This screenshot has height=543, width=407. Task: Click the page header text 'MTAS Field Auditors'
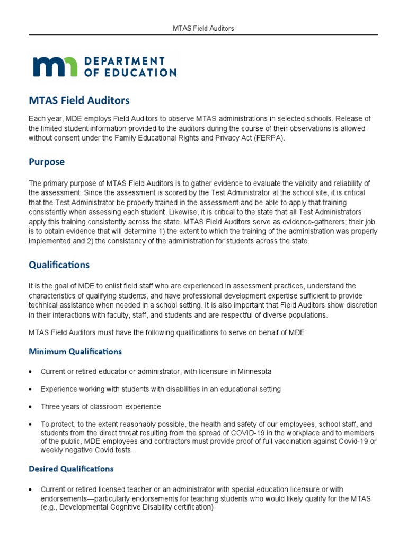pyautogui.click(x=203, y=28)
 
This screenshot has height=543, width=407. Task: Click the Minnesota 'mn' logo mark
pyautogui.click(x=56, y=66)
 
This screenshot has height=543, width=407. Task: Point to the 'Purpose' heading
pyautogui.click(x=47, y=162)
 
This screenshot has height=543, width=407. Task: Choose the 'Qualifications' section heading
pyautogui.click(x=59, y=265)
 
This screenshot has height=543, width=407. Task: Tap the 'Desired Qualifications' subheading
pyautogui.click(x=70, y=469)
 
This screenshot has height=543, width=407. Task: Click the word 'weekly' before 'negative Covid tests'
pyautogui.click(x=51, y=450)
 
